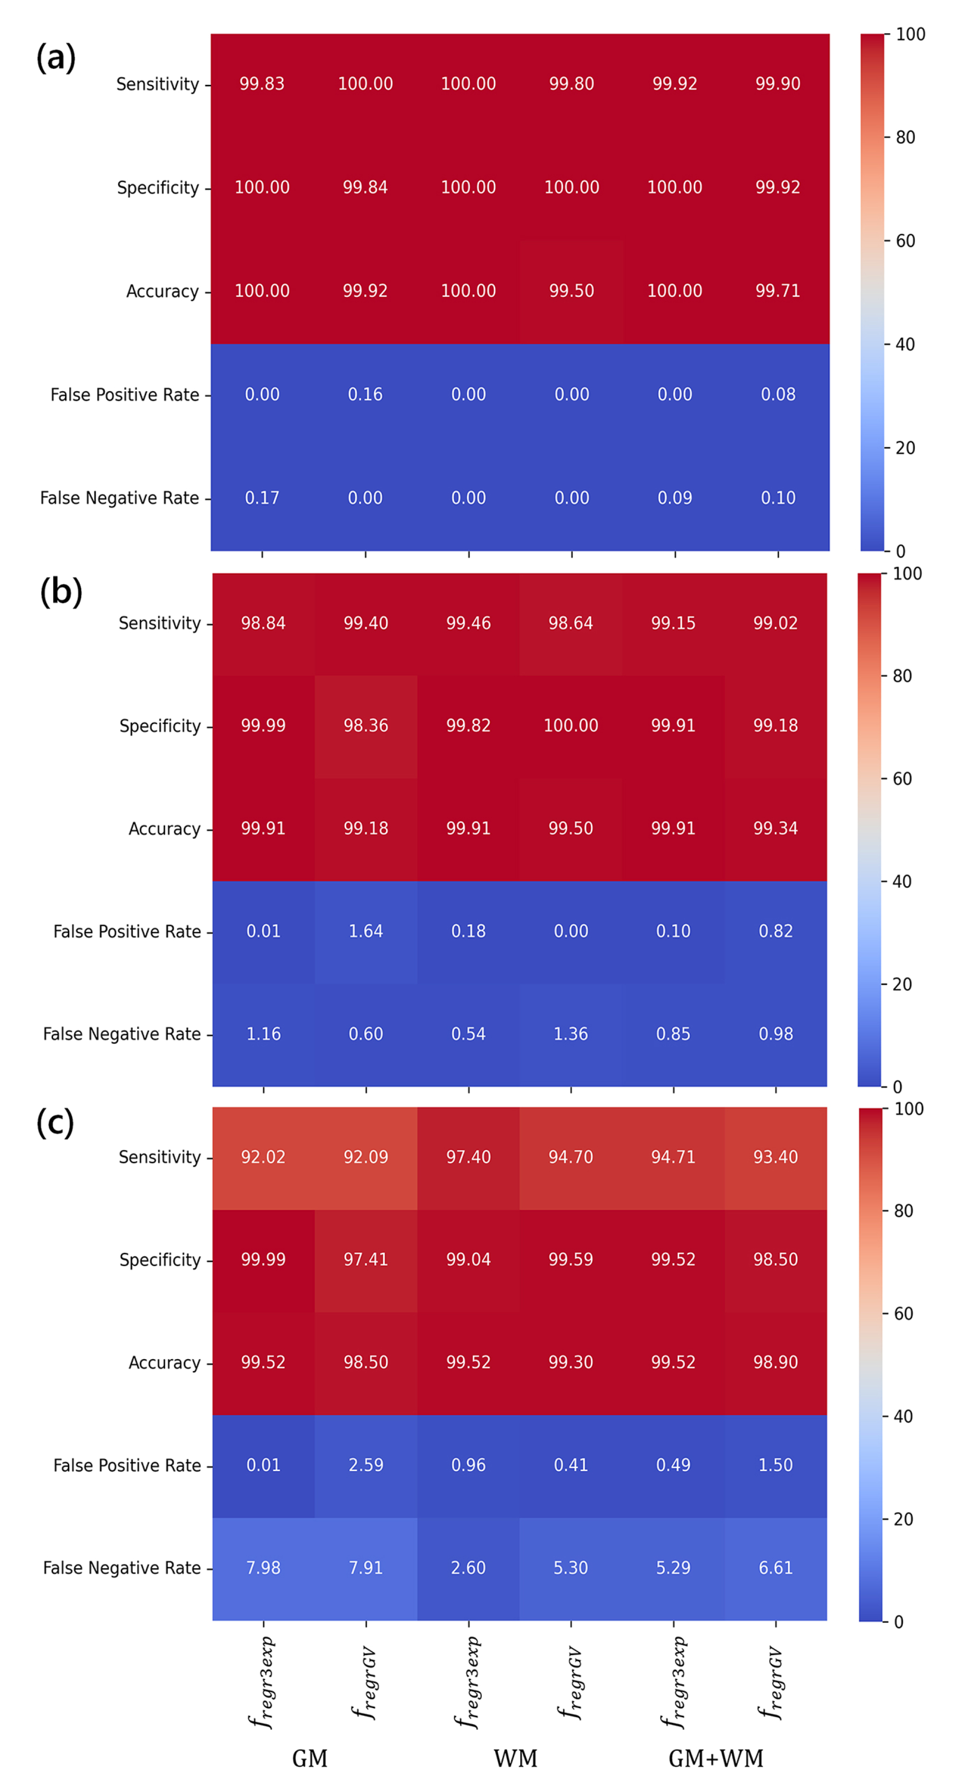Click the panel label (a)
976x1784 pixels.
pyautogui.click(x=55, y=57)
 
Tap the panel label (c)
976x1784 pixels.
pyautogui.click(x=55, y=1122)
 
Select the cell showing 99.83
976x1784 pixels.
pyautogui.click(x=262, y=84)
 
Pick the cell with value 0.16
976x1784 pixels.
pyautogui.click(x=365, y=395)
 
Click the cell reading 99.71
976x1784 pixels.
pyautogui.click(x=777, y=291)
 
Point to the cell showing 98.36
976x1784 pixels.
pyautogui.click(x=366, y=726)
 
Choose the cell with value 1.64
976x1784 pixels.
pyautogui.click(x=366, y=931)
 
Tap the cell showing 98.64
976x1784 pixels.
pyautogui.click(x=571, y=623)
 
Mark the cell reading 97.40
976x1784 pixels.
pyautogui.click(x=468, y=1157)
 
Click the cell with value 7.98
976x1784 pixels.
pyautogui.click(x=263, y=1568)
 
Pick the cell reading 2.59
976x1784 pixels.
pyautogui.click(x=366, y=1465)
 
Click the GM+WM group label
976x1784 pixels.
pyautogui.click(x=716, y=1758)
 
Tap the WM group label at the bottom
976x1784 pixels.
pyautogui.click(x=516, y=1758)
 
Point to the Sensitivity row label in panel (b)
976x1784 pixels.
pyautogui.click(x=159, y=623)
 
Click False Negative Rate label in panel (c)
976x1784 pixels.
pyautogui.click(x=122, y=1568)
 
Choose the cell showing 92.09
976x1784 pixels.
pyautogui.click(x=366, y=1157)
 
